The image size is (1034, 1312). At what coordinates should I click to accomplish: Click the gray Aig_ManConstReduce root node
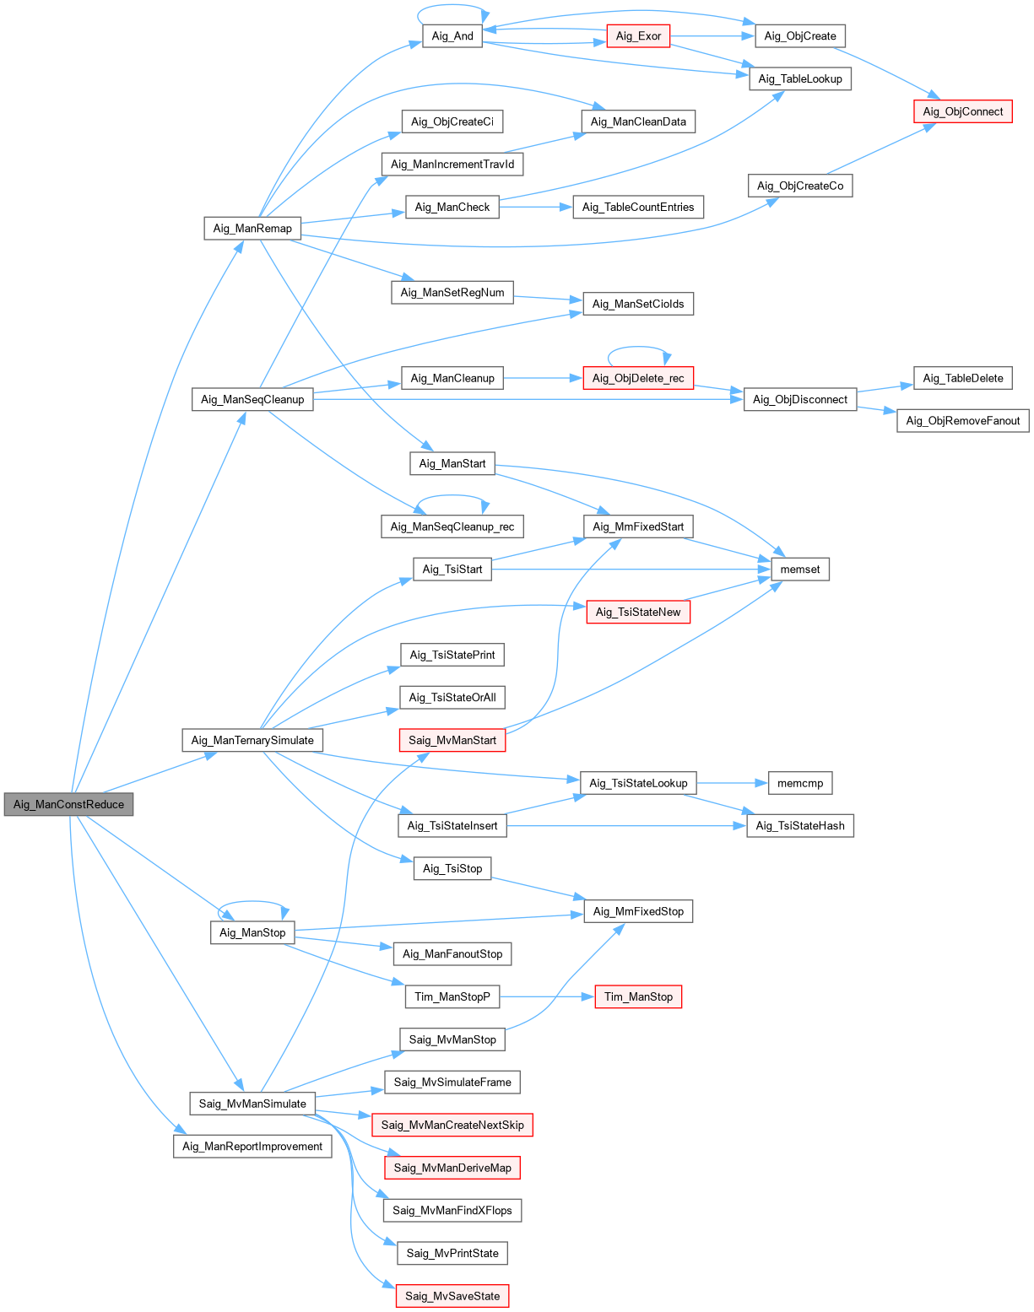point(68,804)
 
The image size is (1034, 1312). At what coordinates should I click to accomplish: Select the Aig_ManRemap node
point(252,228)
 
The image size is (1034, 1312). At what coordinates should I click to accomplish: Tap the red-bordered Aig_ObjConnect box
point(962,111)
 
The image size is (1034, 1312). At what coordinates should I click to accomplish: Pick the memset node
point(799,570)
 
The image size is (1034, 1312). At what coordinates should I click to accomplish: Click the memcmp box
point(799,783)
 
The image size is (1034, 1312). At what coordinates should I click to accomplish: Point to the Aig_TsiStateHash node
point(799,826)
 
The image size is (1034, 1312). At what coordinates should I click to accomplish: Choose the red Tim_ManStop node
point(638,997)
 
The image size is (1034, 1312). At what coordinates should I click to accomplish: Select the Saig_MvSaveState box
point(452,1296)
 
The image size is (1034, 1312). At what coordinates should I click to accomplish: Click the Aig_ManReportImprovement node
point(252,1147)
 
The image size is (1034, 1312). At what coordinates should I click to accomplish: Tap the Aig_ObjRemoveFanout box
point(962,421)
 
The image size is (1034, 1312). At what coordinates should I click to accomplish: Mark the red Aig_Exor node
point(638,36)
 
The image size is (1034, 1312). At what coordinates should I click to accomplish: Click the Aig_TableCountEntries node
point(638,208)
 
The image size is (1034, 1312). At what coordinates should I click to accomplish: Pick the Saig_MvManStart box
point(452,741)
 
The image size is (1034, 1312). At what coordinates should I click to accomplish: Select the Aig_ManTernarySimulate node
point(252,741)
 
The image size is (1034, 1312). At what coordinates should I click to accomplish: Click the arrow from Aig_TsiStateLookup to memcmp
point(732,783)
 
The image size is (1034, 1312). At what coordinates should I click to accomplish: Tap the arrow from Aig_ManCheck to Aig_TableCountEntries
point(536,208)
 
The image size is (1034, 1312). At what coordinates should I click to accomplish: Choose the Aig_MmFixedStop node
point(638,911)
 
